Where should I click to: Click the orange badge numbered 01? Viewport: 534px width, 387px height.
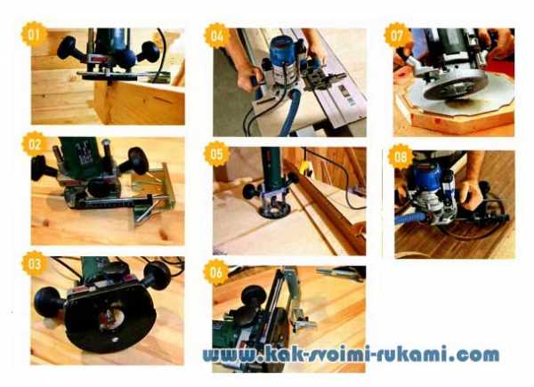pyautogui.click(x=34, y=34)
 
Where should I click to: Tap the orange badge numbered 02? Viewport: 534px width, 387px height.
pyautogui.click(x=34, y=144)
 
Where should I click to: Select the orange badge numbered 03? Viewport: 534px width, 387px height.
pyautogui.click(x=34, y=264)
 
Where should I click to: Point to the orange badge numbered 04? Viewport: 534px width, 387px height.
pyautogui.click(x=216, y=36)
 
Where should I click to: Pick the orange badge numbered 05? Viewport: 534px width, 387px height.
pyautogui.click(x=216, y=154)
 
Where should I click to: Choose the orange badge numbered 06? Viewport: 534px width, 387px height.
pyautogui.click(x=216, y=272)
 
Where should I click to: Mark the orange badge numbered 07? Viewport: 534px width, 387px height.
pyautogui.click(x=397, y=36)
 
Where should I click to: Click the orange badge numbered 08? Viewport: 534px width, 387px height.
pyautogui.click(x=400, y=157)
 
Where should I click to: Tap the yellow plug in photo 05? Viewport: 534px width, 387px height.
pyautogui.click(x=303, y=168)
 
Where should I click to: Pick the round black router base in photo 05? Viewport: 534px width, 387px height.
pyautogui.click(x=274, y=210)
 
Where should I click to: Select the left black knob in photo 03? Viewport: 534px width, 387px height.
pyautogui.click(x=48, y=302)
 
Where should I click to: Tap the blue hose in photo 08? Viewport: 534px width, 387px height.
pyautogui.click(x=411, y=218)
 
